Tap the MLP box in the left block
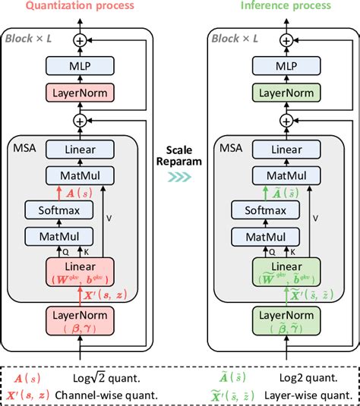tap(79, 67)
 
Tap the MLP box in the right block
tap(286, 67)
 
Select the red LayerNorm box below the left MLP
tap(79, 93)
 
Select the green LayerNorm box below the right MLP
tap(286, 93)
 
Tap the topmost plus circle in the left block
tap(79, 40)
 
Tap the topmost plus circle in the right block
tap(286, 40)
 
